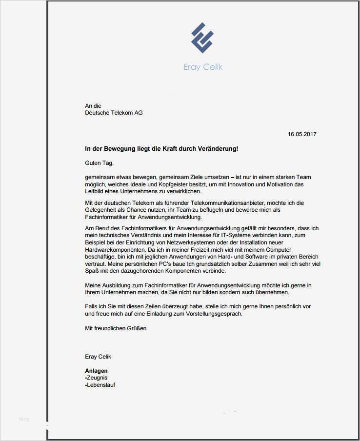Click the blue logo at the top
pos(202,38)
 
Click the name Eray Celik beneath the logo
pos(203,67)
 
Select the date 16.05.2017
pos(302,134)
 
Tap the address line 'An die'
pos(93,106)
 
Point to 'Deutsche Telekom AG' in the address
pos(114,113)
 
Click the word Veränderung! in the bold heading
pos(217,148)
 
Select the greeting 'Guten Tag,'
pos(99,163)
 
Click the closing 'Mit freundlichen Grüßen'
pos(116,328)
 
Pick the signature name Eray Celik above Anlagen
pos(98,357)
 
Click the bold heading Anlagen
pos(96,371)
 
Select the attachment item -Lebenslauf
pos(100,385)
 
